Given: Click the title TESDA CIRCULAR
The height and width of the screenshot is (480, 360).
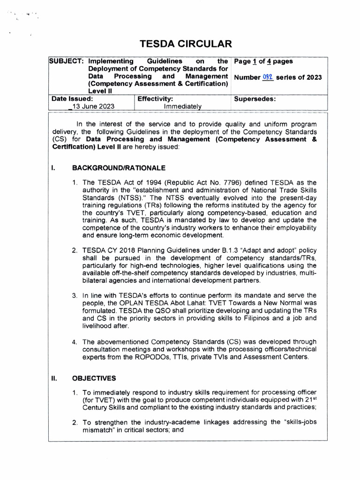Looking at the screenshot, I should pos(186,45).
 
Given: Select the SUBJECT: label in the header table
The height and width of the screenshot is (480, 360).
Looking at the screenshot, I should pos(67,61).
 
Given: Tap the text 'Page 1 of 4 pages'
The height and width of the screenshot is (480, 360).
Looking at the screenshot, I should pos(263,61).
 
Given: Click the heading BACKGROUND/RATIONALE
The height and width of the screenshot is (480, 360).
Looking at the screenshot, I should pos(118,168).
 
